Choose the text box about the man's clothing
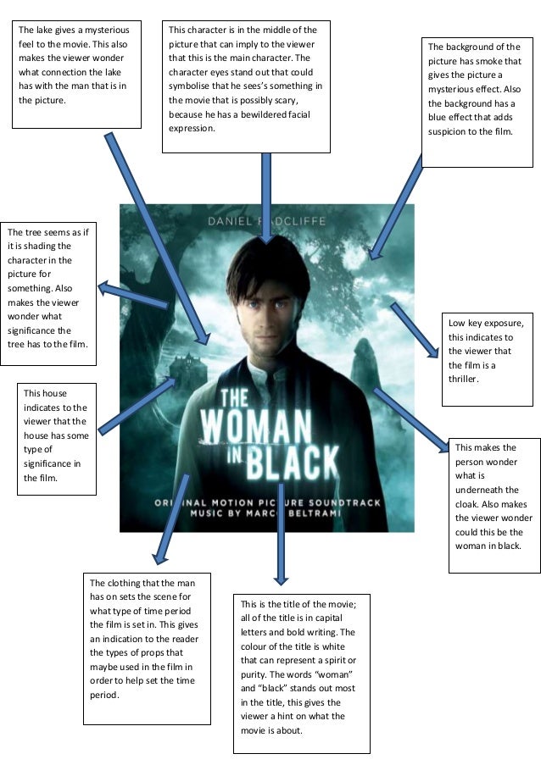pyautogui.click(x=147, y=648)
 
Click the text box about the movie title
pyautogui.click(x=301, y=674)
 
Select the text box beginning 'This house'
pyautogui.click(x=57, y=439)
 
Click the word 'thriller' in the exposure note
pyautogui.click(x=464, y=379)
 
